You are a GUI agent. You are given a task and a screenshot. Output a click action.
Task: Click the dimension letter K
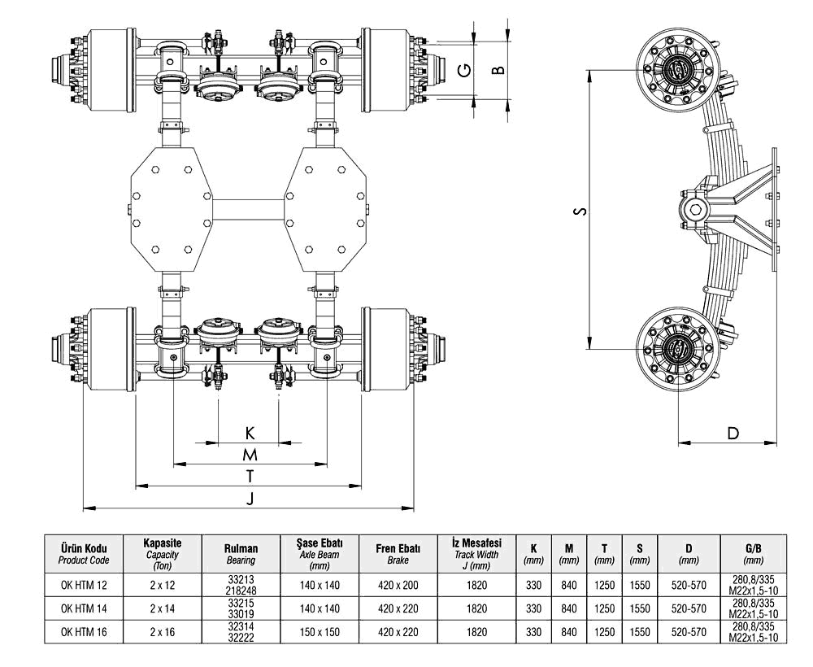click(x=250, y=432)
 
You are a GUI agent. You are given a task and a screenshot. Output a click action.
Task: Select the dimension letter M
click(x=250, y=453)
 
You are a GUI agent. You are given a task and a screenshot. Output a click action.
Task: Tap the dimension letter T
click(x=250, y=475)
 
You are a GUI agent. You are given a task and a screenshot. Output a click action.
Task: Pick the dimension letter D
click(x=733, y=433)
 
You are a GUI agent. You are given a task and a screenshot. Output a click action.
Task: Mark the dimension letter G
click(x=463, y=70)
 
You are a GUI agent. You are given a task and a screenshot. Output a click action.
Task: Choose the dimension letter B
click(x=499, y=70)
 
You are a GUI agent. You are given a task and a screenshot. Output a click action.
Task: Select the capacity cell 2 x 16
click(x=162, y=631)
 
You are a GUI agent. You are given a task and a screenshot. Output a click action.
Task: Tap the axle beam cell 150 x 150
click(x=320, y=631)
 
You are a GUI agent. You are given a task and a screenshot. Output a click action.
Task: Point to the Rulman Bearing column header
click(x=240, y=554)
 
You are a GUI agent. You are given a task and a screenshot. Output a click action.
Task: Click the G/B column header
click(x=753, y=554)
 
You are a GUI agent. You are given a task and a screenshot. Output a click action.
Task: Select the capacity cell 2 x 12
click(x=162, y=584)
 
